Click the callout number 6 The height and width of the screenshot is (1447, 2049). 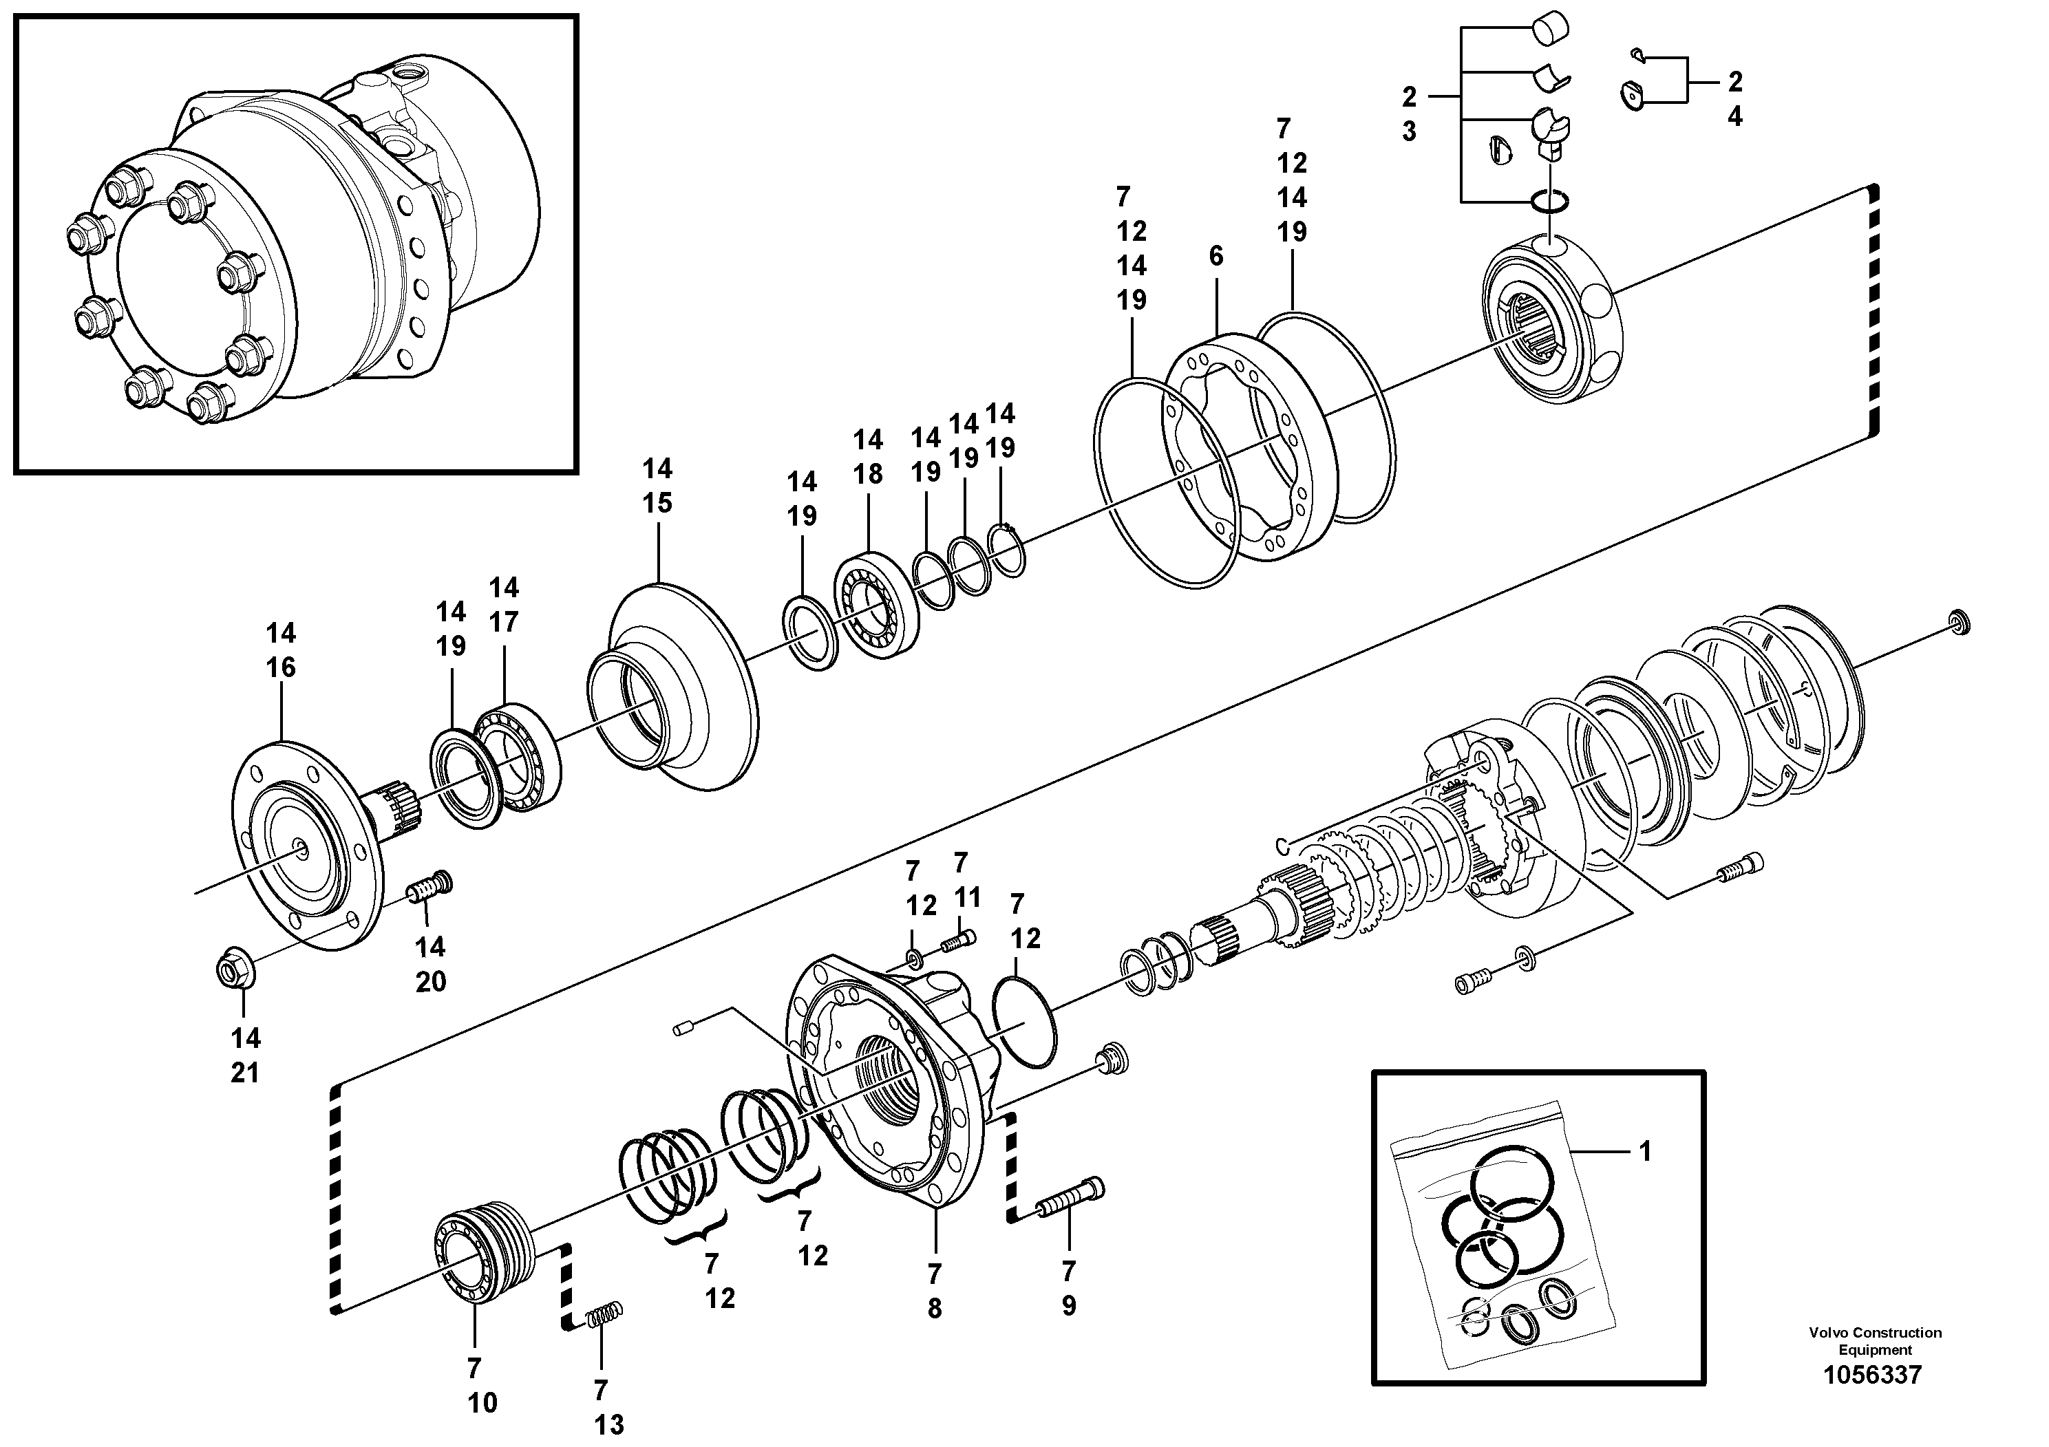[x=1216, y=257]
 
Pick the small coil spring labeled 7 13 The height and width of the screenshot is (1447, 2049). [x=604, y=1316]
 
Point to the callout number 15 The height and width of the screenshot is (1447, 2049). [x=658, y=503]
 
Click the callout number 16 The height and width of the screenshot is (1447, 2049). [x=280, y=667]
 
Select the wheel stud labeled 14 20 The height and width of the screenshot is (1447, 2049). [x=430, y=887]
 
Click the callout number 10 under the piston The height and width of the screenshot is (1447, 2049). [x=482, y=1402]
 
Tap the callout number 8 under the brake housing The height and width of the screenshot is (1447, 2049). [x=935, y=1309]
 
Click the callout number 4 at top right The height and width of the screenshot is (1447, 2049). [x=1734, y=117]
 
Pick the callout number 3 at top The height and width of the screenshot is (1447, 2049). [x=1408, y=132]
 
